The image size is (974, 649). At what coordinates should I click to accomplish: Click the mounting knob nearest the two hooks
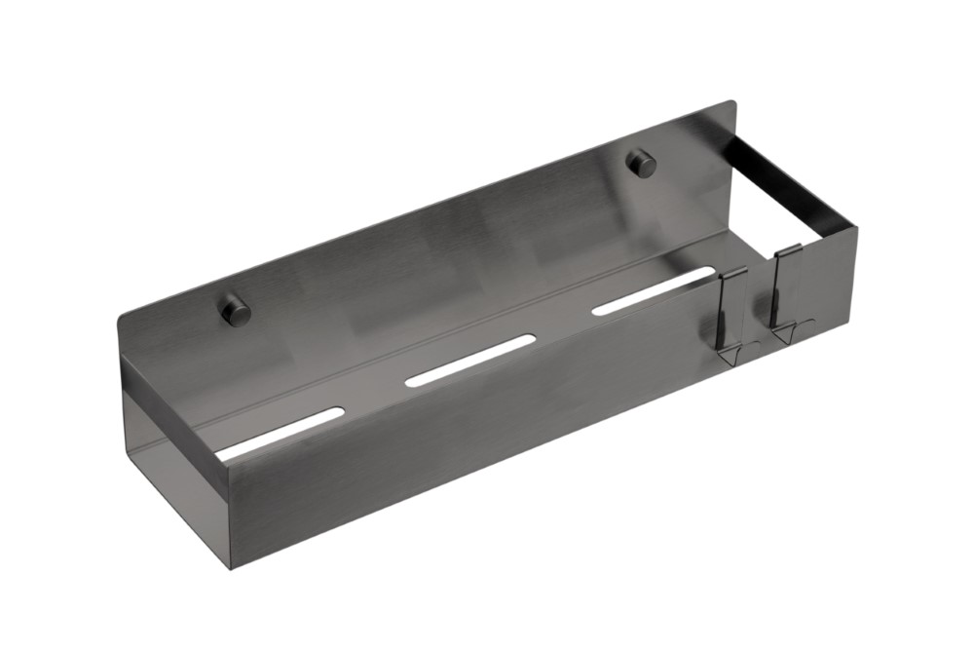tap(641, 164)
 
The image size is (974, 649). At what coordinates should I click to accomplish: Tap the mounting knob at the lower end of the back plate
tap(234, 311)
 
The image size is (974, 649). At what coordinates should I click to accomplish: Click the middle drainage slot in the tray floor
tap(469, 361)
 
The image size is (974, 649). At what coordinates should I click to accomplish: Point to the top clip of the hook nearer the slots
tap(733, 276)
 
